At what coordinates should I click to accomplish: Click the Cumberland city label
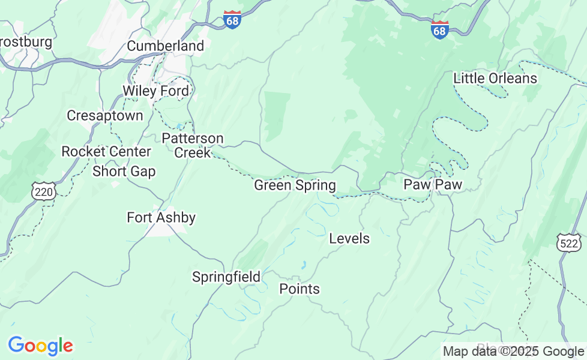[165, 46]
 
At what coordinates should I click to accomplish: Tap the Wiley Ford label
[155, 91]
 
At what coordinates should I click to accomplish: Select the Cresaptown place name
[105, 115]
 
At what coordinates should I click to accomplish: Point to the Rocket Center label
[106, 151]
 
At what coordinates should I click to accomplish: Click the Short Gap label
[124, 172]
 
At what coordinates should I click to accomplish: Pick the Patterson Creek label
[193, 146]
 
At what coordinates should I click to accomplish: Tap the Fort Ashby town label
[161, 217]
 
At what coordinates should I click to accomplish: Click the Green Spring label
[295, 185]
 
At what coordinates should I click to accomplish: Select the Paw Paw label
[432, 184]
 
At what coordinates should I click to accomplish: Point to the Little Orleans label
[495, 78]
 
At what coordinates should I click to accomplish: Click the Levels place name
[349, 238]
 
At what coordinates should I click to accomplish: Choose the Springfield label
[226, 277]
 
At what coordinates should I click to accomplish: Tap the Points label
[300, 289]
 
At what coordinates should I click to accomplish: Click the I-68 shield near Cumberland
[232, 20]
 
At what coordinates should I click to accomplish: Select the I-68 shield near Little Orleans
[439, 29]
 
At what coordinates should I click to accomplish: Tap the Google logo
[40, 346]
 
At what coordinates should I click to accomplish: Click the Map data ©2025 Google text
[513, 351]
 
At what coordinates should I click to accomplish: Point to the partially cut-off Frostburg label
[25, 42]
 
